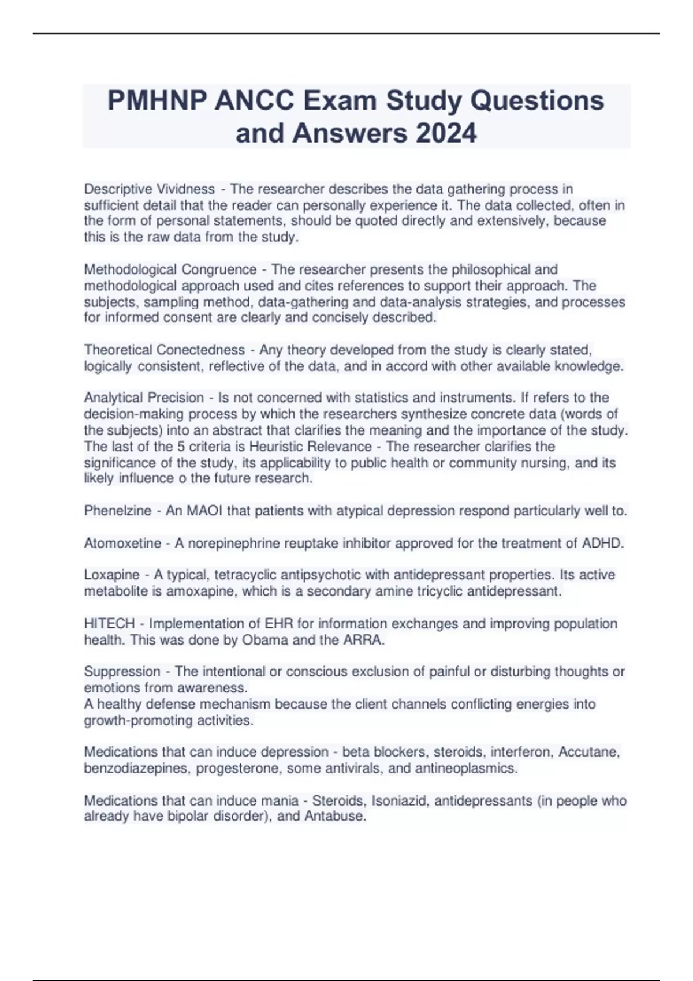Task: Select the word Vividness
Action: [186, 189]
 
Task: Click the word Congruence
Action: [219, 269]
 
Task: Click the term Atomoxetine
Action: [123, 543]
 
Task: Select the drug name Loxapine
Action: [112, 575]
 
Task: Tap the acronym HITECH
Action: [109, 624]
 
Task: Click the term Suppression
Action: [122, 672]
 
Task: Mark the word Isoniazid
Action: [400, 800]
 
